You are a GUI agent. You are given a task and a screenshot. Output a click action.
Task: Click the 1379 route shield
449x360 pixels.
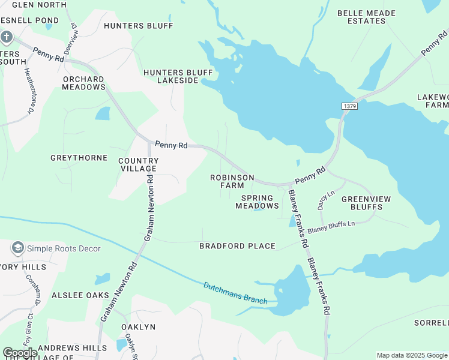pyautogui.click(x=350, y=106)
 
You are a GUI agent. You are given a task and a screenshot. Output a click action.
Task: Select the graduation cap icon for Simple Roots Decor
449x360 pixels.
pyautogui.click(x=17, y=248)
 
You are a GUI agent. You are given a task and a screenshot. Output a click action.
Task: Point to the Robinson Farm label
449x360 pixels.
pyautogui.click(x=232, y=182)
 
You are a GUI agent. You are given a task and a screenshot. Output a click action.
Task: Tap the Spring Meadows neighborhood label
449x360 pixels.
pyautogui.click(x=257, y=202)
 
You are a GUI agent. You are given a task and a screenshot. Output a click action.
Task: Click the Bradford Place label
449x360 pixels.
pyautogui.click(x=237, y=246)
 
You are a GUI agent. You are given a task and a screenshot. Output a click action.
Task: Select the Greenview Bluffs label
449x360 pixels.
pyautogui.click(x=362, y=203)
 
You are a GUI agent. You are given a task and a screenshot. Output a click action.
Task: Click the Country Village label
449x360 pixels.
pyautogui.click(x=139, y=165)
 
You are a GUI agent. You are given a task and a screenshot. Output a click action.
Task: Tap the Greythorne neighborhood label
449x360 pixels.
pyautogui.click(x=79, y=158)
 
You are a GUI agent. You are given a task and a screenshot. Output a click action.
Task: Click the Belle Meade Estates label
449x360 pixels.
pyautogui.click(x=366, y=17)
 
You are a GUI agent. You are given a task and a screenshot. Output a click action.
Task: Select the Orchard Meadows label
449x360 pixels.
pyautogui.click(x=83, y=83)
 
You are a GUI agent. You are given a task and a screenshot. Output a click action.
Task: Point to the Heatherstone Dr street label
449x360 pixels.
pyautogui.click(x=28, y=91)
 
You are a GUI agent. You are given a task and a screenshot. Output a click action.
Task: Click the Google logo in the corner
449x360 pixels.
pyautogui.click(x=20, y=353)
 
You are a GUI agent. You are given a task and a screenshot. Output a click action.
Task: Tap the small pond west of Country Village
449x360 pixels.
pyautogui.click(x=103, y=113)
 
